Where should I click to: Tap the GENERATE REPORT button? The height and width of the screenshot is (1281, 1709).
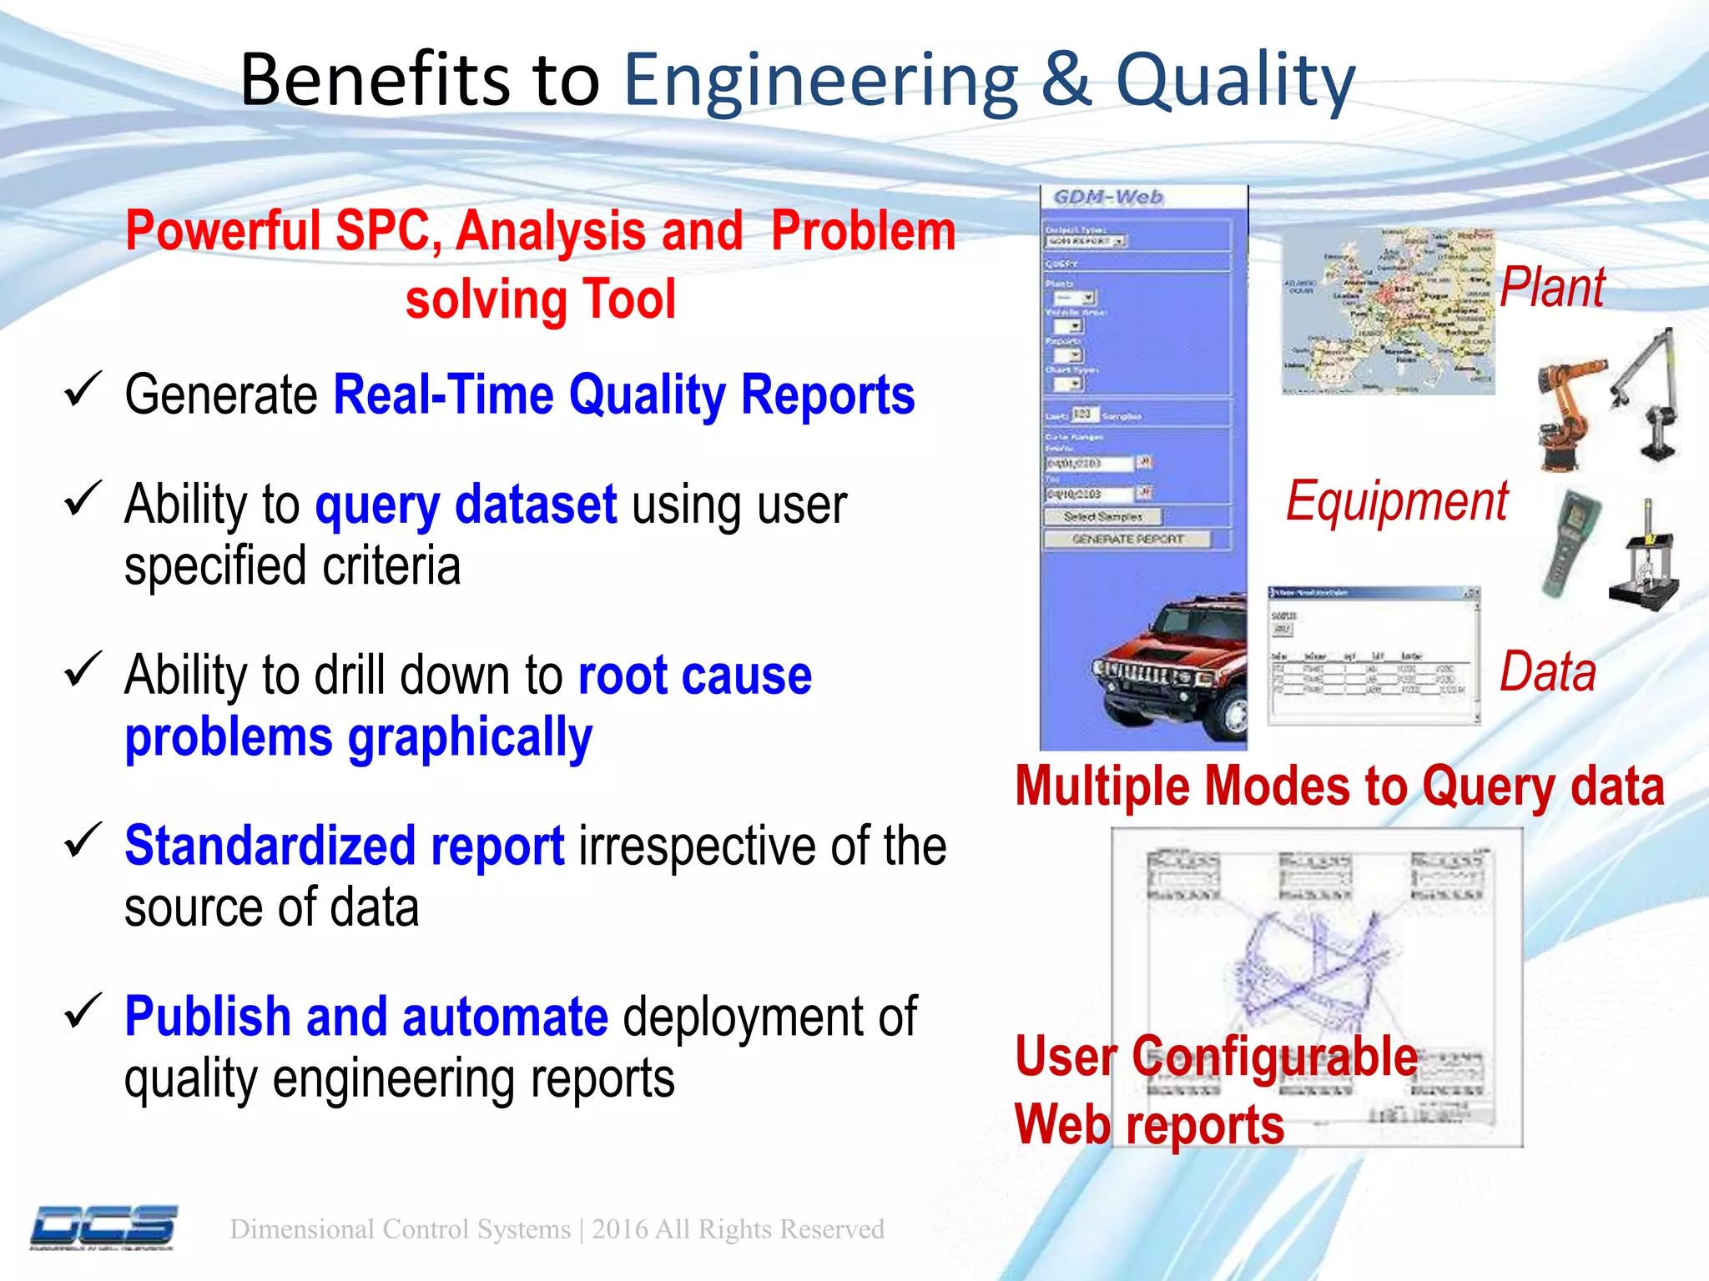(x=1127, y=540)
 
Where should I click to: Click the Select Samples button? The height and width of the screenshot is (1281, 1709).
(x=1102, y=517)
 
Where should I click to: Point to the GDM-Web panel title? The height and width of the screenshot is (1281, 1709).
(x=1107, y=198)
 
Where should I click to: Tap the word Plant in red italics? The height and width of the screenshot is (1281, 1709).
(x=1552, y=288)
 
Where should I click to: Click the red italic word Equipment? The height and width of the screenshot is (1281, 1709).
(x=1397, y=502)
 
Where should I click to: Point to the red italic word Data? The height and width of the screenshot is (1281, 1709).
(x=1548, y=672)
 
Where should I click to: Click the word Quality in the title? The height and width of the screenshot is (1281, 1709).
(x=1235, y=80)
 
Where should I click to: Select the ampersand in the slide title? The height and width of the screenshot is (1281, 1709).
(x=1066, y=80)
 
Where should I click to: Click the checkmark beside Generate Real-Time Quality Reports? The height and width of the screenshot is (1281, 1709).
(x=83, y=389)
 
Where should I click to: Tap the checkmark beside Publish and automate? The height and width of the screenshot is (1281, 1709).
(x=83, y=1011)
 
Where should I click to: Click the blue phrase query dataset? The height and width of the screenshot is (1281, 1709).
(x=466, y=505)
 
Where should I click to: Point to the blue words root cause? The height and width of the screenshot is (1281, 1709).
(x=694, y=676)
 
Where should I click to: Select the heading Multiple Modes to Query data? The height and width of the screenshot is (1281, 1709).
(x=1339, y=786)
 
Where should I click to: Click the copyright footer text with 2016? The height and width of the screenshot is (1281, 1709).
(x=557, y=1229)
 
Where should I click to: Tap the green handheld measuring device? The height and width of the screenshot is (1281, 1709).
(x=1569, y=542)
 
